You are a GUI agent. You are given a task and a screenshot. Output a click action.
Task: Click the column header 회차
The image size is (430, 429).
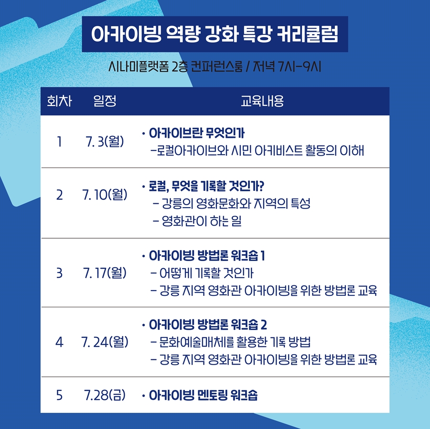coord(59,101)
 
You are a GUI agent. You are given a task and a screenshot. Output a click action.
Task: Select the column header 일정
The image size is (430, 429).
coord(105,101)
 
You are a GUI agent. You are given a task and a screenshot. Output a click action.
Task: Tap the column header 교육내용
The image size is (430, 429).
coord(262,101)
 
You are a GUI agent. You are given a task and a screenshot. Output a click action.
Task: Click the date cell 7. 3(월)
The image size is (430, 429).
coord(105,142)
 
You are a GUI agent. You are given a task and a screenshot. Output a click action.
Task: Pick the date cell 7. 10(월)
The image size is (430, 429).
coord(105,195)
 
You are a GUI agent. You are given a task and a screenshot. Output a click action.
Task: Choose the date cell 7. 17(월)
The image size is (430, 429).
coord(105,273)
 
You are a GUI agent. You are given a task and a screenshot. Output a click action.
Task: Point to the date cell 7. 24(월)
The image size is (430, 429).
coord(105,342)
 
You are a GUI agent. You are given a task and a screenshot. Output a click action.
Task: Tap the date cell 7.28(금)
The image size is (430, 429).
coord(105,395)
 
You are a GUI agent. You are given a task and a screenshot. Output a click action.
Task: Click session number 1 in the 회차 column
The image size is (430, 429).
coord(59,142)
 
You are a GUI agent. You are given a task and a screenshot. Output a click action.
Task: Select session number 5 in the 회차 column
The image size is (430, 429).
coord(59,395)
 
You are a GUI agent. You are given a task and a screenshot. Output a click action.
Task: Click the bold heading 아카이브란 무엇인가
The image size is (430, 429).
coord(197,134)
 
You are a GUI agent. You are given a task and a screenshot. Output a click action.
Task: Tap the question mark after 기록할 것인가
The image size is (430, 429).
coord(261,186)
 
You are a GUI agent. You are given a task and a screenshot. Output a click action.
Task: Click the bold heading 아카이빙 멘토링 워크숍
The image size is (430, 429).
coord(203,395)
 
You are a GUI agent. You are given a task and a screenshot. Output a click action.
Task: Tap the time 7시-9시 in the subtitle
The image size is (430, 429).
coord(299,66)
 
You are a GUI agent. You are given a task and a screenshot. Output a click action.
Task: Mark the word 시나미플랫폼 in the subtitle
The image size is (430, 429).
coord(139,66)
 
